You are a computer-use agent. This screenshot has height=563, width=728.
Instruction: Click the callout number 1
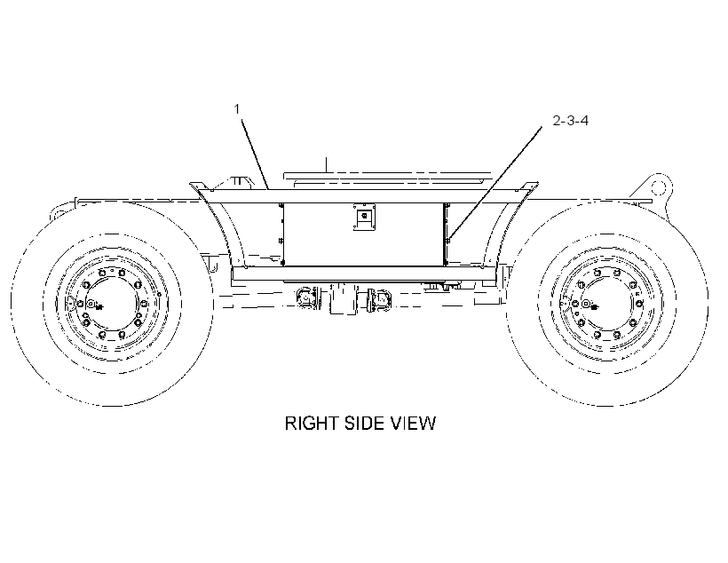(x=237, y=109)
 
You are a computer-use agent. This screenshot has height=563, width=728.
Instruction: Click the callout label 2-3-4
(x=571, y=120)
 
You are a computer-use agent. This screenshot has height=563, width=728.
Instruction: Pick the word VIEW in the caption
(x=413, y=424)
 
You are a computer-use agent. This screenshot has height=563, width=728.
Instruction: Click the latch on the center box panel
(x=364, y=217)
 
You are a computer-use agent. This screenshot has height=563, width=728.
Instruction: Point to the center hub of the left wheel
(x=91, y=305)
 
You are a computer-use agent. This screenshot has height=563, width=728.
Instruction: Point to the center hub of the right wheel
(x=586, y=305)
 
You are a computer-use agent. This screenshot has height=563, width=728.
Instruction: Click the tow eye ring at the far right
(x=659, y=187)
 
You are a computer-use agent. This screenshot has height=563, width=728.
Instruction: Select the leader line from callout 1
(x=255, y=155)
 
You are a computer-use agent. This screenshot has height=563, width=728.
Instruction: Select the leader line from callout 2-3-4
(x=495, y=184)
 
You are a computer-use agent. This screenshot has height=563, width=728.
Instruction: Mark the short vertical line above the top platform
(x=327, y=165)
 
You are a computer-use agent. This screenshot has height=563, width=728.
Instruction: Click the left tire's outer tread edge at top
(x=112, y=203)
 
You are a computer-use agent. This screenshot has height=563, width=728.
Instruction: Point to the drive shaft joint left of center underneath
(x=306, y=297)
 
